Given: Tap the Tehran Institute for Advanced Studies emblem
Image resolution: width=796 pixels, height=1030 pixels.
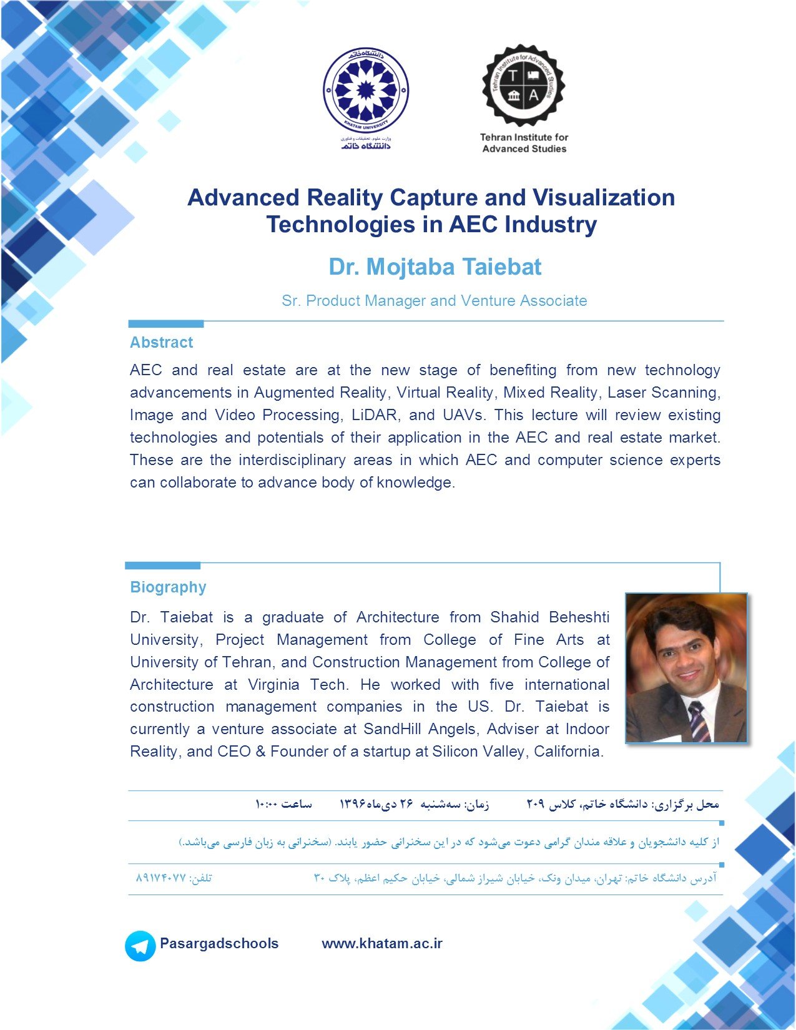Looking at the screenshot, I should pos(523,86).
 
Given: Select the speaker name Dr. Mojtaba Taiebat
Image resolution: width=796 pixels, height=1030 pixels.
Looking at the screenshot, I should pos(435,267).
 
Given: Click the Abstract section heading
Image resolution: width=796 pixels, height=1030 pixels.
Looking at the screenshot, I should pos(161,342).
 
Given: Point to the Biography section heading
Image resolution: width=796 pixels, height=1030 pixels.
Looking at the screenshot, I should pos(168,587).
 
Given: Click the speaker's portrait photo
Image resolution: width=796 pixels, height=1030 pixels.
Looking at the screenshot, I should pos(685,667).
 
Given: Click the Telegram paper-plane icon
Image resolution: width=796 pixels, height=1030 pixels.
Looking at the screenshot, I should pos(140,946).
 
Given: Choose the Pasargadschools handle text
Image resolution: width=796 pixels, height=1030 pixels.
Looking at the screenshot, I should pos(219,943).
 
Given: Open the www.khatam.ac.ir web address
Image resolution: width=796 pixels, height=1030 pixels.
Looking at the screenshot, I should pos(382,943).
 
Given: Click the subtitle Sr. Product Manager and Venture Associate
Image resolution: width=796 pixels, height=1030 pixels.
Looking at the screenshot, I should pos(435,301).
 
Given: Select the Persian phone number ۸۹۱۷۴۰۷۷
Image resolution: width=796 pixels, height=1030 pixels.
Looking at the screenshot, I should pos(160,878).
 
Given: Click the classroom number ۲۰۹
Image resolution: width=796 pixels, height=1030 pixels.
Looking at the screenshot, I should pos(535,804).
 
